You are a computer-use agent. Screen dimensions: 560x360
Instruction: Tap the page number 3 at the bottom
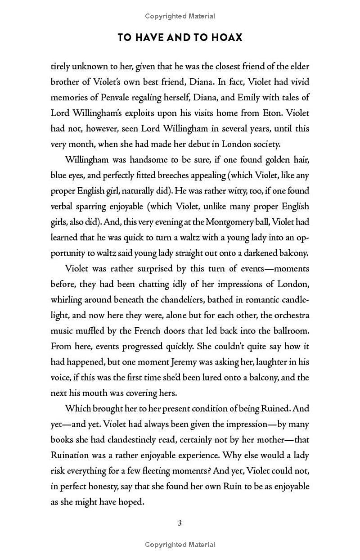point(180,523)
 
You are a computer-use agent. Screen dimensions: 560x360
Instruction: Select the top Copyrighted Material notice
point(180,16)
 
